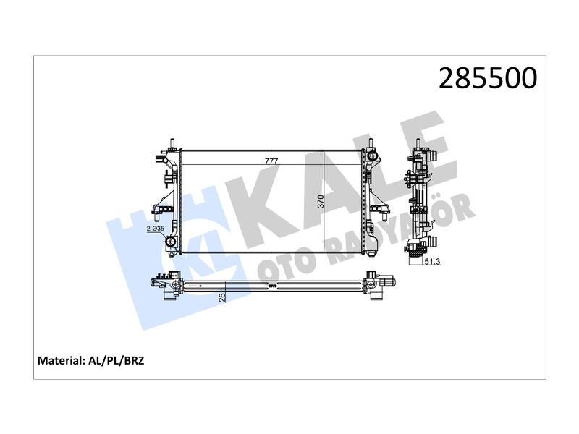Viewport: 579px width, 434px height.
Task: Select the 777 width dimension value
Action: [x=271, y=161]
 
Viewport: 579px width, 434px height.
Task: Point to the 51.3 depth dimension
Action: [x=433, y=262]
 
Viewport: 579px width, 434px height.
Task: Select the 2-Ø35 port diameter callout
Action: [x=156, y=229]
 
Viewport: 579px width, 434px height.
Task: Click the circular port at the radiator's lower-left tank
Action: [x=172, y=244]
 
